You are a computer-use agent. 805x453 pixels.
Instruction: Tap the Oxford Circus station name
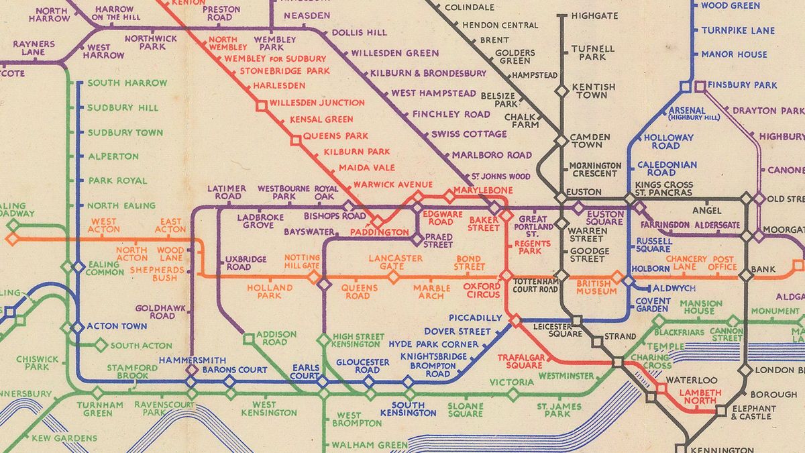click(482, 290)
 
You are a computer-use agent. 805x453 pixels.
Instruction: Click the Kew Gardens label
click(64, 439)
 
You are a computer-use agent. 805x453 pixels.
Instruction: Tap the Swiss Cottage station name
click(469, 134)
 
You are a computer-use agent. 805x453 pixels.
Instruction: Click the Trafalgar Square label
click(520, 361)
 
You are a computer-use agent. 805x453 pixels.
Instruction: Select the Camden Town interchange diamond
click(561, 141)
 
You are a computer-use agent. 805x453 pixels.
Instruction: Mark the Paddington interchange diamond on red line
click(378, 221)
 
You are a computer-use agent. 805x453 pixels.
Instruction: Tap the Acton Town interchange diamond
click(78, 328)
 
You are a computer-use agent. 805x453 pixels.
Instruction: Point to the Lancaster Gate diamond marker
click(393, 276)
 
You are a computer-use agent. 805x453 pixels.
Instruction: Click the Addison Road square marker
click(248, 339)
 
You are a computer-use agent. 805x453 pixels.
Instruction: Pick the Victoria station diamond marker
click(513, 395)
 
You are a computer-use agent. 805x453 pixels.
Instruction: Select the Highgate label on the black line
click(592, 15)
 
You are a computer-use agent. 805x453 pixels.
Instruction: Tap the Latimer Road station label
click(226, 193)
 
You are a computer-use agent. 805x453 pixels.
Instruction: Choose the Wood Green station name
click(730, 6)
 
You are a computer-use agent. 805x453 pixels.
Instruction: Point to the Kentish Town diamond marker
click(561, 91)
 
